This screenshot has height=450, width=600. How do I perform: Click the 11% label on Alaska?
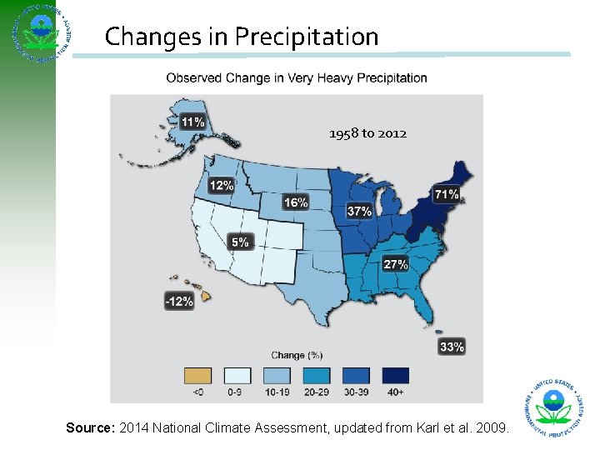click(193, 122)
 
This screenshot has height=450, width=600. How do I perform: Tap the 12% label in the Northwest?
click(221, 186)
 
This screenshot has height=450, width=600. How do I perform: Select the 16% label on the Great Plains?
click(296, 202)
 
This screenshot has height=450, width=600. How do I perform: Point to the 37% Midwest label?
click(359, 212)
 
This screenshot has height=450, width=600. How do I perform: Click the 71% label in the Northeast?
click(446, 194)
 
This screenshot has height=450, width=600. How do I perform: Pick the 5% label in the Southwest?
click(240, 242)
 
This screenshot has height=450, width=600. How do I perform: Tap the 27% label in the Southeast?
click(395, 264)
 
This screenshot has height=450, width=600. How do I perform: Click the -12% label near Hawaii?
click(179, 302)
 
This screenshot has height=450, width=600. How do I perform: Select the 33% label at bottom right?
click(451, 347)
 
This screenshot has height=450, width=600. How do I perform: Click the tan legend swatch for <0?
click(197, 376)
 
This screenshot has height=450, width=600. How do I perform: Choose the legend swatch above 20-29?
click(317, 376)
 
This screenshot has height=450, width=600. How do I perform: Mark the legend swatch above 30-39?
click(356, 376)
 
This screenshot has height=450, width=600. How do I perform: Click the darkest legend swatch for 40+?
click(396, 376)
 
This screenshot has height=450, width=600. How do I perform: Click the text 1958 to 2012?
click(367, 133)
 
